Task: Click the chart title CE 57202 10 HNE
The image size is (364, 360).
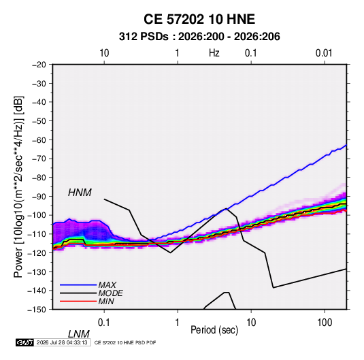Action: [x=199, y=19]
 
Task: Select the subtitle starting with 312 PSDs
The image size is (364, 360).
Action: [x=199, y=37]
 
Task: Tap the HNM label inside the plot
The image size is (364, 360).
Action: [x=80, y=193]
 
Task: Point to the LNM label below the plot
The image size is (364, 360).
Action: [x=78, y=334]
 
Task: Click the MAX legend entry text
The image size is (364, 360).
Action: [x=107, y=284]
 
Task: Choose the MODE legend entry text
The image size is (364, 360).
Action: [x=110, y=293]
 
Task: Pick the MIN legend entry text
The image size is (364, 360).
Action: [x=106, y=301]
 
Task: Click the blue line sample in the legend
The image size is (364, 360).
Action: [x=78, y=285]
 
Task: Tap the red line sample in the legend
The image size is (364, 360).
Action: [x=78, y=301]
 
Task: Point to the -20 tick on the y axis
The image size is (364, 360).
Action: [x=39, y=65]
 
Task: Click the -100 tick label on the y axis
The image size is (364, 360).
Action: [x=37, y=215]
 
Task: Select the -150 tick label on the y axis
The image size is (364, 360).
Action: [x=37, y=310]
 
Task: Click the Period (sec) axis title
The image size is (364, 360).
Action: [x=214, y=330]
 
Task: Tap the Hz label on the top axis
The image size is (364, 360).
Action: [x=214, y=53]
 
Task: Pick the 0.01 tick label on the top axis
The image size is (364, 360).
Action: [x=324, y=53]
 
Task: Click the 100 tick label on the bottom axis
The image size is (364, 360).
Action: [x=325, y=323]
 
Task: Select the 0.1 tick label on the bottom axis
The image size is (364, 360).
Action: [x=104, y=323]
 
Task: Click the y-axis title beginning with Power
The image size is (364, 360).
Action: [x=18, y=186]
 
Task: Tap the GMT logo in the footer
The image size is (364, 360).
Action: [x=24, y=342]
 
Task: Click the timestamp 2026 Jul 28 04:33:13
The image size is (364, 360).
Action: [x=62, y=342]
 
